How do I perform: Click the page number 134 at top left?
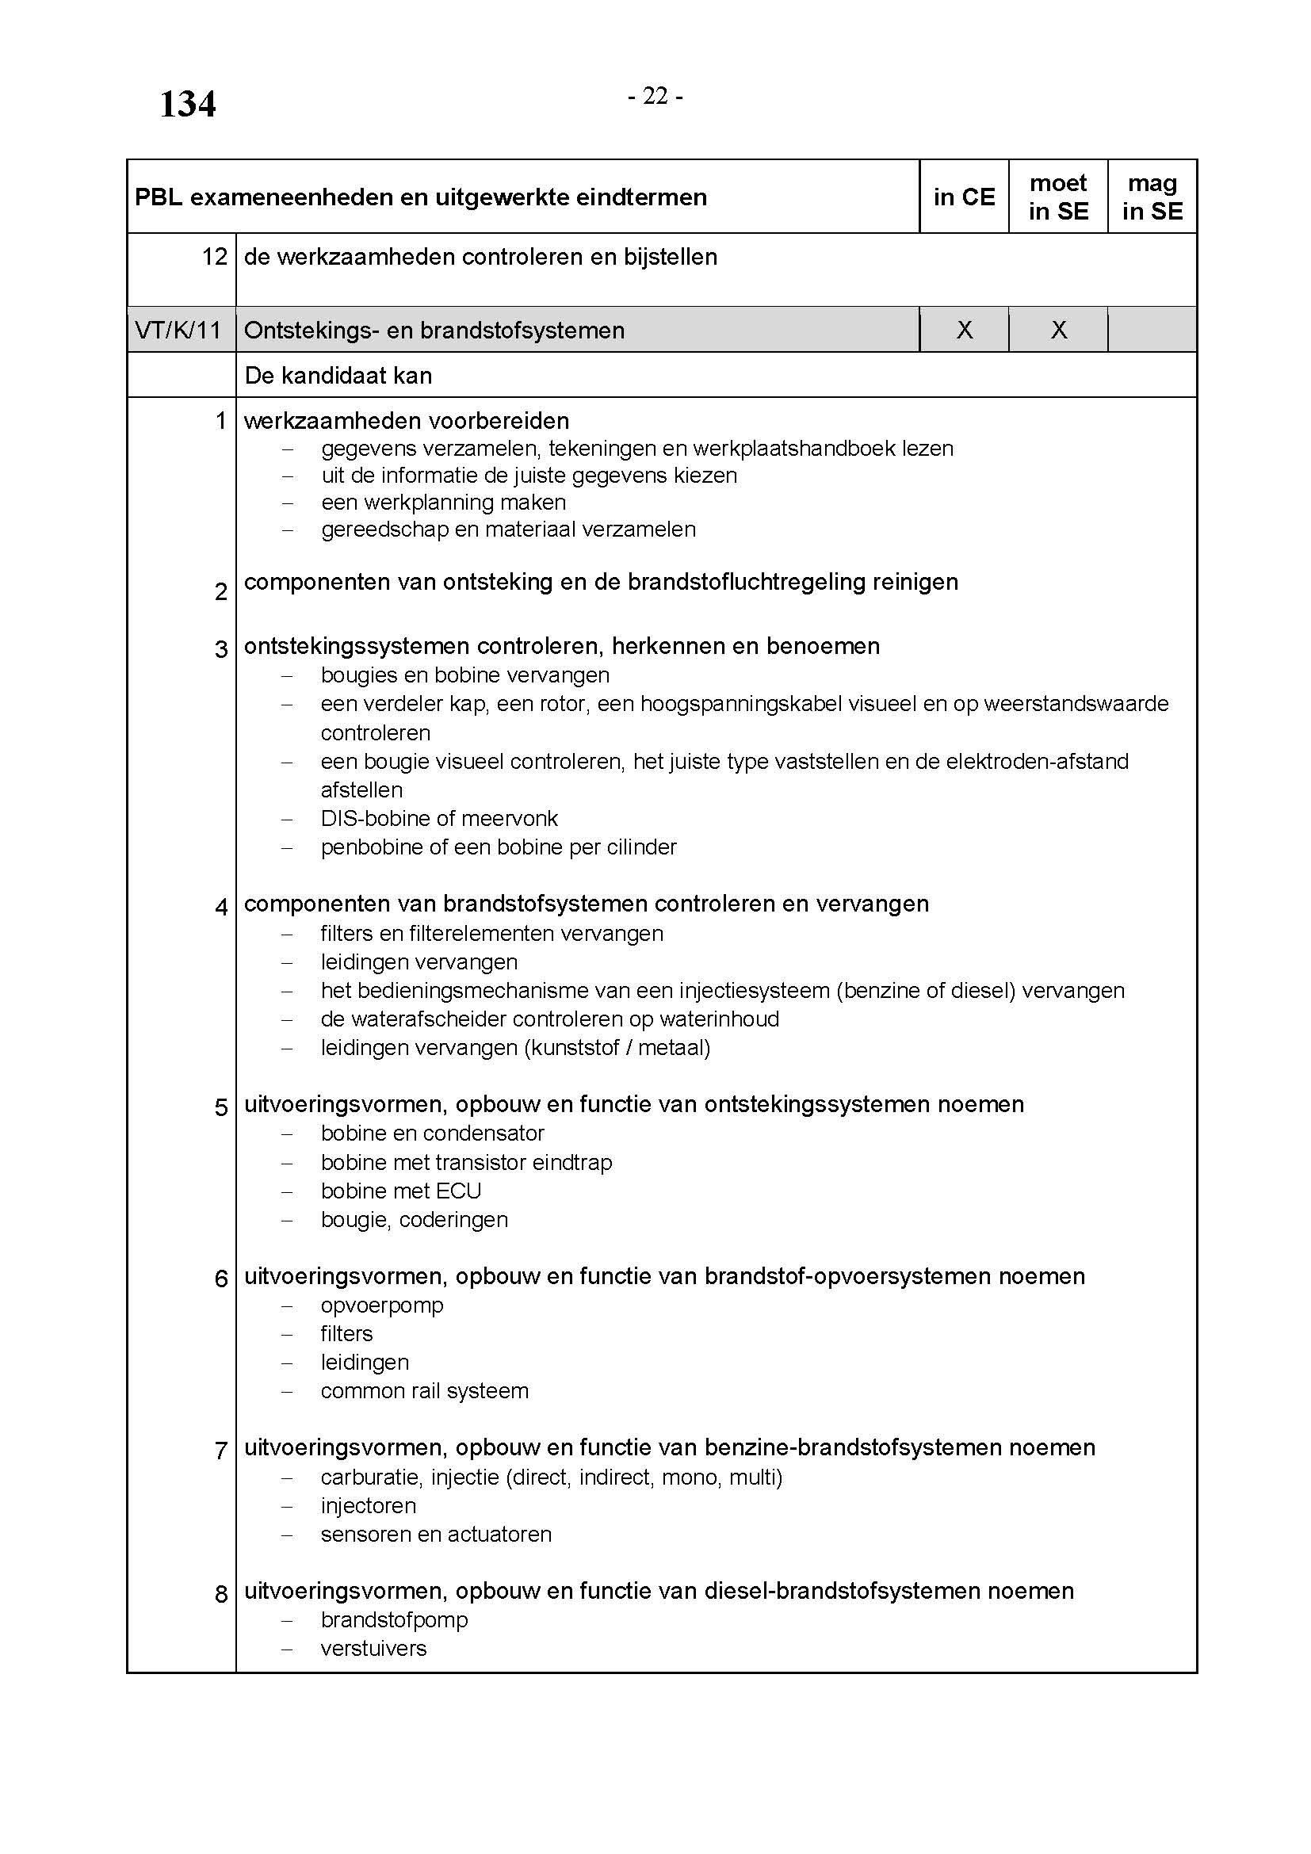point(187,104)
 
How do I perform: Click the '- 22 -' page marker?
point(655,96)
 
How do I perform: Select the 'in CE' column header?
point(964,197)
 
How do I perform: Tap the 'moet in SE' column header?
point(1057,197)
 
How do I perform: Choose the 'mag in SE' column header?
point(1152,197)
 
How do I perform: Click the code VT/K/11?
point(178,331)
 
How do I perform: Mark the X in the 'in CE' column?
point(964,330)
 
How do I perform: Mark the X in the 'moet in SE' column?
point(1058,330)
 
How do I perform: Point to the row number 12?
point(215,257)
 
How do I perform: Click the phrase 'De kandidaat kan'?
point(338,376)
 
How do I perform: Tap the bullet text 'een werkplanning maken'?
point(443,503)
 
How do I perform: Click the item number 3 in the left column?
point(221,648)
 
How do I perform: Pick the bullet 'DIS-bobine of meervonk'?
point(439,818)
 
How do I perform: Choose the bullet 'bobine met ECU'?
point(400,1191)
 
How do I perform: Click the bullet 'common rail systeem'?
point(425,1390)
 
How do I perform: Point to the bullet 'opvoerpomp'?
point(382,1305)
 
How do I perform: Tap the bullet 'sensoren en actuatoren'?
point(436,1534)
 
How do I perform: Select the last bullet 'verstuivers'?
point(373,1648)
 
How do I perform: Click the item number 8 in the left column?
point(221,1594)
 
